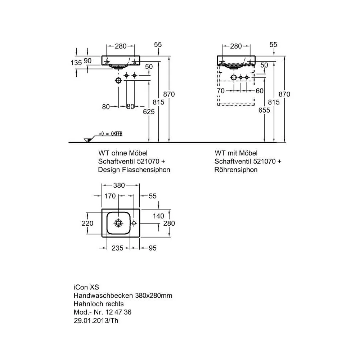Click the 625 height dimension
149,112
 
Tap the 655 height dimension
264,110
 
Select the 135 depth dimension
76,63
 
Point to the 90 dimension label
87,60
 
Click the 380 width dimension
119,185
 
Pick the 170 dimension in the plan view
110,196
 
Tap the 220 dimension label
87,223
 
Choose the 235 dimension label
117,248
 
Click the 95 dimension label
152,248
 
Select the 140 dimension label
158,216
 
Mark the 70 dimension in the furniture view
221,91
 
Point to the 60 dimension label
260,91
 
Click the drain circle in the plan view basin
118,223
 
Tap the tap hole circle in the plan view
134,223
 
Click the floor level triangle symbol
88,140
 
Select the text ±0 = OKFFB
111,134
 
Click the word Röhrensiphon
236,170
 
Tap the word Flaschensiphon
146,170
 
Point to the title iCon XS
86,287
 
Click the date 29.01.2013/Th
96,320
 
